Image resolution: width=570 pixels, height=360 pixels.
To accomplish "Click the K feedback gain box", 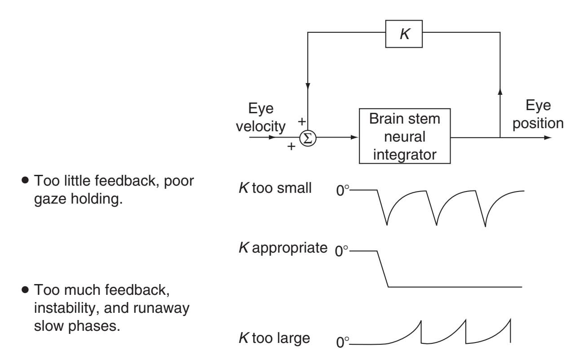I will tap(404, 33).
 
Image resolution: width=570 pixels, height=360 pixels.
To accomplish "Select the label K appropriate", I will tap(282, 248).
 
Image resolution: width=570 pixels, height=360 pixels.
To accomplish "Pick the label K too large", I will tap(274, 338).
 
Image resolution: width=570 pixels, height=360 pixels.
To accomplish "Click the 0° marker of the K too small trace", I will tap(343, 191).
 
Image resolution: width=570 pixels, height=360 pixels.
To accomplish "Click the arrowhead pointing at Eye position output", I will tap(547, 138).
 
